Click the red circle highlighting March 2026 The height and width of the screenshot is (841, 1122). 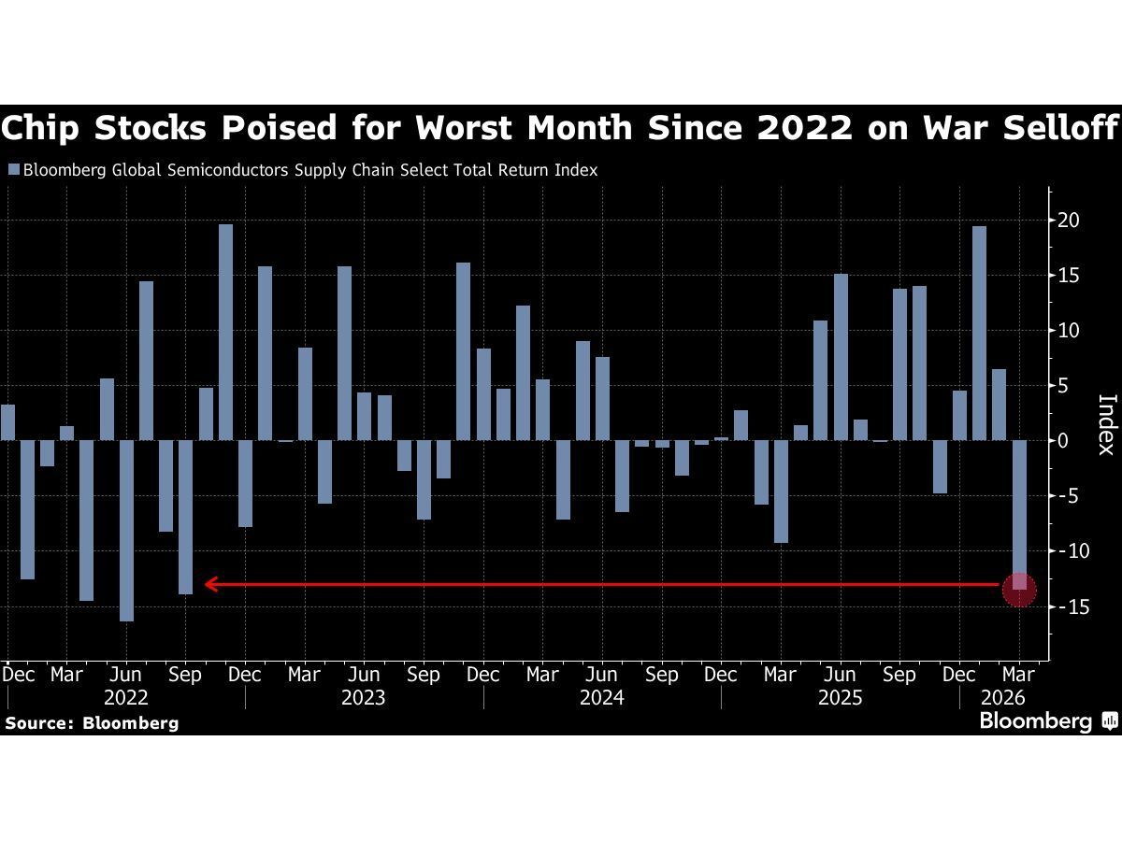tap(1018, 589)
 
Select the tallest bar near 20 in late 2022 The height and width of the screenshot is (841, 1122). tap(225, 332)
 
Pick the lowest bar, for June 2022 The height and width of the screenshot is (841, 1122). tap(126, 530)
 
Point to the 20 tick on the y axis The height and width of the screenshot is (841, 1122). tap(1068, 221)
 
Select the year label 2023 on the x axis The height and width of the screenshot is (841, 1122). tap(363, 697)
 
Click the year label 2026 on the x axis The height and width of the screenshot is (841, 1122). tap(1003, 697)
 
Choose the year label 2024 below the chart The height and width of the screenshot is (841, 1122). tap(601, 697)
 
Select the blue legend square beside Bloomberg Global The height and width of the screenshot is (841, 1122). tap(12, 170)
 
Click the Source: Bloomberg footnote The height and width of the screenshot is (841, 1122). tap(92, 722)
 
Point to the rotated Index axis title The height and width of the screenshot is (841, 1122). tap(1106, 424)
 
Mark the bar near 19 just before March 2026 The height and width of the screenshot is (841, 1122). tap(979, 333)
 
